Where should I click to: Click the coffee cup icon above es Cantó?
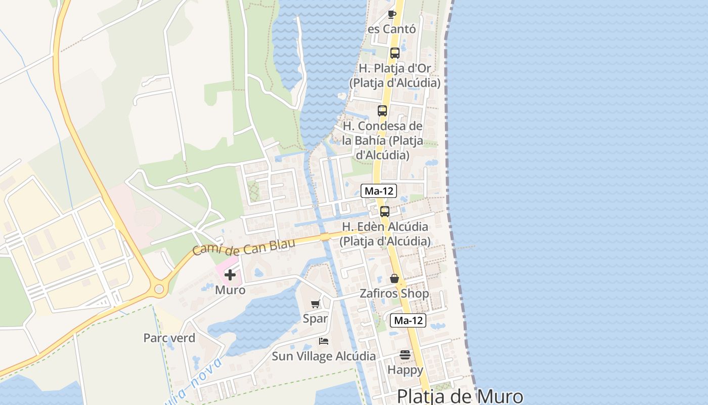(391, 14)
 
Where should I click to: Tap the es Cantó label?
(392, 29)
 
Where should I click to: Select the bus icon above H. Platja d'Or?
(395, 53)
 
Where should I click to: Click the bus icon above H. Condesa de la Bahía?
(382, 110)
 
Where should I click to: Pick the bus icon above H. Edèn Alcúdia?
(385, 211)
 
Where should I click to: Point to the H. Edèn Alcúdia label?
(385, 233)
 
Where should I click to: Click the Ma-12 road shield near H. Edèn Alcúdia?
(379, 191)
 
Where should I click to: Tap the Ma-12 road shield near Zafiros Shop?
(408, 320)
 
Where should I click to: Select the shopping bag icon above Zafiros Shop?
(394, 278)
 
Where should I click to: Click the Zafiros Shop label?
(394, 294)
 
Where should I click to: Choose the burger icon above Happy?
(405, 355)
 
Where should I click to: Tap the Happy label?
(405, 370)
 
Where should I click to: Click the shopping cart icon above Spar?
(316, 304)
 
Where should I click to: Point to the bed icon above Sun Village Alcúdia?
(324, 341)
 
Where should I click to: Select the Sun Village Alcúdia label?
(324, 356)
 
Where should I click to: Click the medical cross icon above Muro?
(230, 275)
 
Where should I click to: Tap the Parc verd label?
(169, 338)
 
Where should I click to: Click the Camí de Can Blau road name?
(244, 247)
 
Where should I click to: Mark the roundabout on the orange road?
(159, 289)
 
